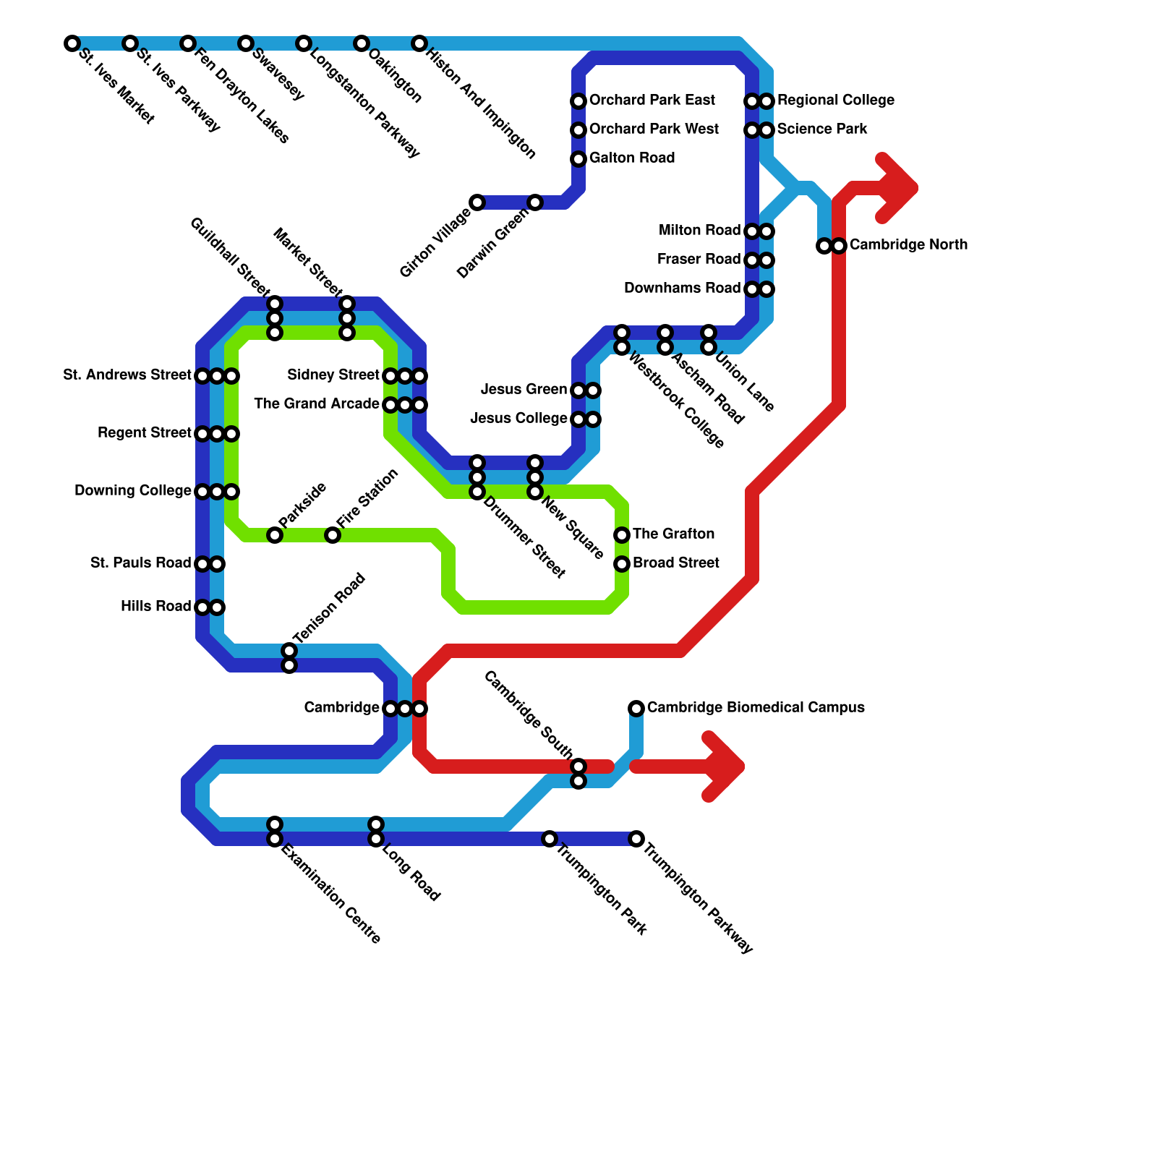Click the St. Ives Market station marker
pos(72,43)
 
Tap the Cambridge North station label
pos(908,245)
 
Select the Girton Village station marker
pos(477,202)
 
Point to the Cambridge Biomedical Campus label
pos(756,708)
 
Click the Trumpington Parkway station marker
pos(636,839)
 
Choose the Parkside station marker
pos(275,535)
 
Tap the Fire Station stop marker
pos(333,535)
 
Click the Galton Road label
pos(632,158)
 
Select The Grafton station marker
pos(622,535)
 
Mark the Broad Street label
pos(675,563)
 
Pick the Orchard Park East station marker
pos(578,101)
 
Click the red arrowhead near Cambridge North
pos(900,189)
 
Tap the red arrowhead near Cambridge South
pos(727,767)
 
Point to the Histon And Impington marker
pos(419,43)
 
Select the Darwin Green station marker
pos(535,202)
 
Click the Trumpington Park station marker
pos(550,839)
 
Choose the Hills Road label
pos(155,607)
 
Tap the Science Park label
pos(822,129)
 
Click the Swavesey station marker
pos(246,43)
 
